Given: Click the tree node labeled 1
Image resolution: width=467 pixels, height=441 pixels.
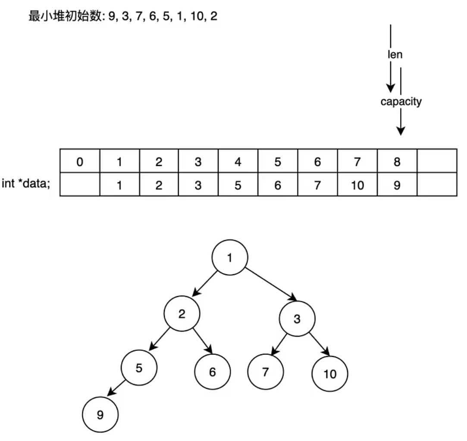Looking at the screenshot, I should [x=229, y=257].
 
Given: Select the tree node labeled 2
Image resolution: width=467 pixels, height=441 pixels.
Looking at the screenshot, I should [x=182, y=313].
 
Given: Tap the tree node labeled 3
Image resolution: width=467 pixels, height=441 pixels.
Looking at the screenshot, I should [x=297, y=319].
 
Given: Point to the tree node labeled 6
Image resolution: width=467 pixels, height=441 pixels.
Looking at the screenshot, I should [x=212, y=372].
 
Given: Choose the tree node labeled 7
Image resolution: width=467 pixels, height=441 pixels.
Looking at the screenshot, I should [x=265, y=372].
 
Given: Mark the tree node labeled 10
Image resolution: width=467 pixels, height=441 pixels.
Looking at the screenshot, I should [x=329, y=374].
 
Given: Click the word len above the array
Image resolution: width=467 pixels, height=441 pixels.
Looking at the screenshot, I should [x=395, y=55].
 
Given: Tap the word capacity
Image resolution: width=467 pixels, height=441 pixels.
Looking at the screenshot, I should [x=401, y=102].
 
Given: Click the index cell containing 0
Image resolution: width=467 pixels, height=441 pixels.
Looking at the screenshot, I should [x=80, y=162].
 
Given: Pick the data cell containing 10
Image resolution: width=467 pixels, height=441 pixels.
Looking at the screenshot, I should [x=357, y=185].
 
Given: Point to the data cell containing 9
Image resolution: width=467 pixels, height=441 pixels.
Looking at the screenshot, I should [x=397, y=185].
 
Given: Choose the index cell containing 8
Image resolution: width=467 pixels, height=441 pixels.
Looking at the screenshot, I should [x=397, y=162].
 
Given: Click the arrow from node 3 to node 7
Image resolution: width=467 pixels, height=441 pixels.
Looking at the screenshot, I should [x=281, y=344].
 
